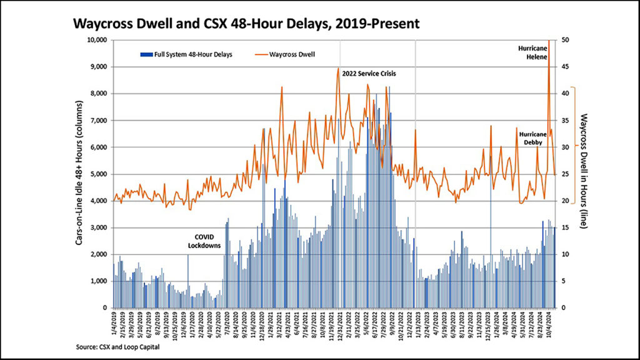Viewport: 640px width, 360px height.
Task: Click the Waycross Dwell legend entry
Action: click(292, 54)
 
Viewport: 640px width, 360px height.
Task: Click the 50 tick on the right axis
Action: click(565, 40)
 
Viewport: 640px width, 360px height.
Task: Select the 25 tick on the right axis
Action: click(565, 174)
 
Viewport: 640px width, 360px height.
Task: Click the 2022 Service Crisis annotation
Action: click(369, 74)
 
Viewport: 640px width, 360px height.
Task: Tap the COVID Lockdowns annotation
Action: click(204, 241)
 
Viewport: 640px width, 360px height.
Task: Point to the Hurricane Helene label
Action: click(533, 52)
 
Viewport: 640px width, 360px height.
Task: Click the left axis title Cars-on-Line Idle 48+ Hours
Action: click(81, 174)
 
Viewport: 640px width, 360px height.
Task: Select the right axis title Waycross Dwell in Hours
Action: click(583, 174)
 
